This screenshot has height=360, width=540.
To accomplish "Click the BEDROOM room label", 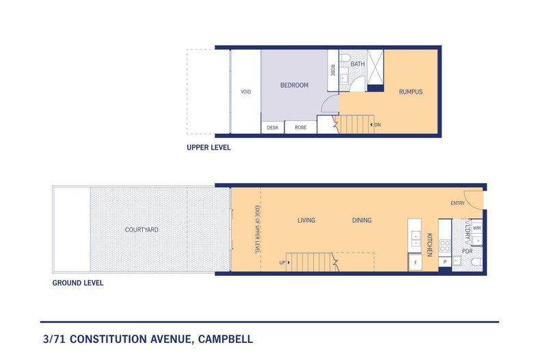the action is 294,85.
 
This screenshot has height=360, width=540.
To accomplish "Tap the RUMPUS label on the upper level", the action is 411,92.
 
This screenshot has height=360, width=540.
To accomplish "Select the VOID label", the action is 245,92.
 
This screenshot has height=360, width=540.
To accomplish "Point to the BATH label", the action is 357,64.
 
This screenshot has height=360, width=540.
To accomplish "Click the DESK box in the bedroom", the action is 273,127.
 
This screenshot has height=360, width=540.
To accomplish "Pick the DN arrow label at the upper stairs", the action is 376,124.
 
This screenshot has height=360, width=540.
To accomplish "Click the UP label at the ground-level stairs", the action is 284,262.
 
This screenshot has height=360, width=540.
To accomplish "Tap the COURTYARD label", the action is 141,230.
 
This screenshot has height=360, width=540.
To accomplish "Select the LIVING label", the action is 306,220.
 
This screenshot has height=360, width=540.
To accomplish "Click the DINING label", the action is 362,220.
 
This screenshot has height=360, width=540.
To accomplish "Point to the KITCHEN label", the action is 429,245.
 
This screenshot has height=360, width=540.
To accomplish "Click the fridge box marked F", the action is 416,262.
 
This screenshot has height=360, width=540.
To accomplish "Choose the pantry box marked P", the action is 445,262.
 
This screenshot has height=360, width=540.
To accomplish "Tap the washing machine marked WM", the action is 477,228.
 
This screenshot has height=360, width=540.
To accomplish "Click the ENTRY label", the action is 458,203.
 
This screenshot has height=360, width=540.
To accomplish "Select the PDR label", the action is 468,251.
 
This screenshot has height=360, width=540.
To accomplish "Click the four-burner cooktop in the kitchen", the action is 444,246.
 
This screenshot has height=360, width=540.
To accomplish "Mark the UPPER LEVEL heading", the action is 208,148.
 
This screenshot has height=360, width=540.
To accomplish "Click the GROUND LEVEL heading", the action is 78,283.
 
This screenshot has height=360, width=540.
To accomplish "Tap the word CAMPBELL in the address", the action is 226,339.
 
